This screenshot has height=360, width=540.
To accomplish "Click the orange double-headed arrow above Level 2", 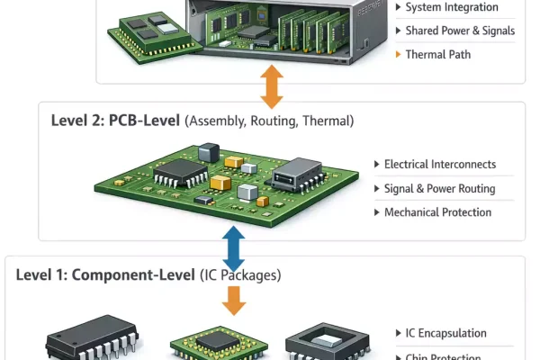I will pos(271,87).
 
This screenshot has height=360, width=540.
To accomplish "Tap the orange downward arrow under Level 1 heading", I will pos(234,300).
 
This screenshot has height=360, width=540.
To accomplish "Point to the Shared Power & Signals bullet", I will pos(460,31).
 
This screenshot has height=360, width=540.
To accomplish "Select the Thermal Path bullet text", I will pos(437,54).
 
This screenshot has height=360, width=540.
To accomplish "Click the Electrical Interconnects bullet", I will pos(439,165).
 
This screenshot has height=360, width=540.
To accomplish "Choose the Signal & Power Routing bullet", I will pos(439,189).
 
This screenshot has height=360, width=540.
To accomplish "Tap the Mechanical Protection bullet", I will pos(437,212).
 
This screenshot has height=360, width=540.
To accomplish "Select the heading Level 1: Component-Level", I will pos(105,274).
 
